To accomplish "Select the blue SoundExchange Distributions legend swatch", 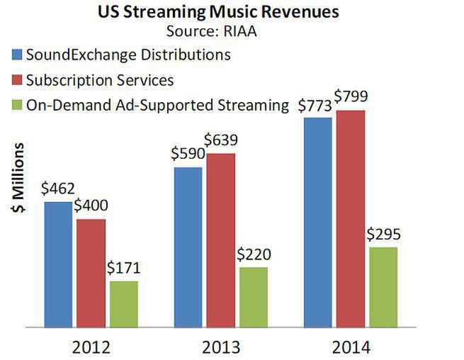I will click(x=16, y=55).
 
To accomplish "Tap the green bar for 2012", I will click(x=123, y=304).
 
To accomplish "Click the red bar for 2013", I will click(x=220, y=240).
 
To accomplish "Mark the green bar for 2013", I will click(x=253, y=297).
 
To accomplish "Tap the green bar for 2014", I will click(x=383, y=287).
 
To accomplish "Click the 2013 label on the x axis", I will click(x=220, y=347).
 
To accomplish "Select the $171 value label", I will click(x=123, y=268).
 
